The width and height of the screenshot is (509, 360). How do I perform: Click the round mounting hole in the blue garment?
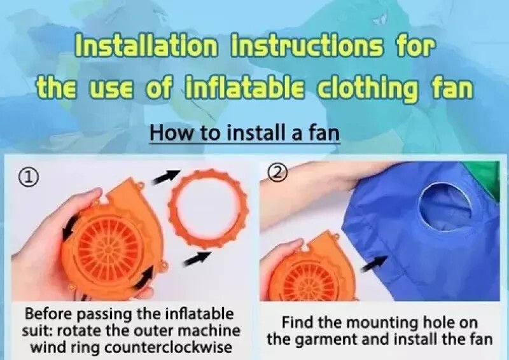pyautogui.click(x=445, y=207)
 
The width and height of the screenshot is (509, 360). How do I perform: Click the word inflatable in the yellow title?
pyautogui.click(x=245, y=87)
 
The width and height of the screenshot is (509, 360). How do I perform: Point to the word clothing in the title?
pyautogui.click(x=367, y=88)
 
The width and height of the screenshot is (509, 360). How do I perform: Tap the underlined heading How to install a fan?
pyautogui.click(x=245, y=133)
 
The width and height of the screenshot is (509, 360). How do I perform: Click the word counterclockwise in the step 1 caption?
pyautogui.click(x=169, y=347)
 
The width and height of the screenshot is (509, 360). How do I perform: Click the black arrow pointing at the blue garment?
pyautogui.click(x=374, y=263)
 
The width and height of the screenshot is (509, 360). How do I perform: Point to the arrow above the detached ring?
pyautogui.click(x=166, y=176)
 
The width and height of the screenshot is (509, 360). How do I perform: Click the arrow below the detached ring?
pyautogui.click(x=197, y=259)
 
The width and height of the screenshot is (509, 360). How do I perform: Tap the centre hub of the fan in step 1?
pyautogui.click(x=107, y=249)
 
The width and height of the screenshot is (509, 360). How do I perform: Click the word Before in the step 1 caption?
pyautogui.click(x=50, y=314)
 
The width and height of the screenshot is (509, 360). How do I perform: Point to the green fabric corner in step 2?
pyautogui.click(x=484, y=177)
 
